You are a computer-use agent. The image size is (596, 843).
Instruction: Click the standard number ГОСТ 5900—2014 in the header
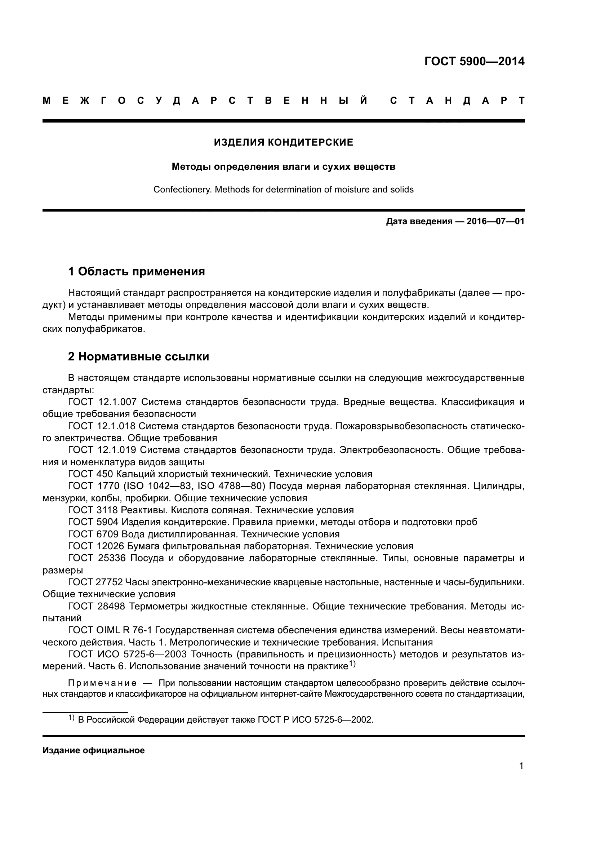(x=474, y=61)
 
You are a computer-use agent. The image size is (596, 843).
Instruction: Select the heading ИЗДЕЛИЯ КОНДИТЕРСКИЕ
(x=283, y=142)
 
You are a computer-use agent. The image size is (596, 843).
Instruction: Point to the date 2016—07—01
(x=495, y=221)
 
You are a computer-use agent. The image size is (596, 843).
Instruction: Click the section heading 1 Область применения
(x=136, y=272)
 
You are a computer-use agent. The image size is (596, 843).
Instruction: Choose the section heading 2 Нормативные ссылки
(x=138, y=356)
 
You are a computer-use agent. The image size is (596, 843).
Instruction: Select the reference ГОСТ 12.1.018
(x=102, y=426)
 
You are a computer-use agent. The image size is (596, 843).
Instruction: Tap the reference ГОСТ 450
(x=90, y=474)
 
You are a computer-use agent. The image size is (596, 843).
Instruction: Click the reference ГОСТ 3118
(x=93, y=510)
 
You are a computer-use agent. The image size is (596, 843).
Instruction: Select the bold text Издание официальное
(x=94, y=750)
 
